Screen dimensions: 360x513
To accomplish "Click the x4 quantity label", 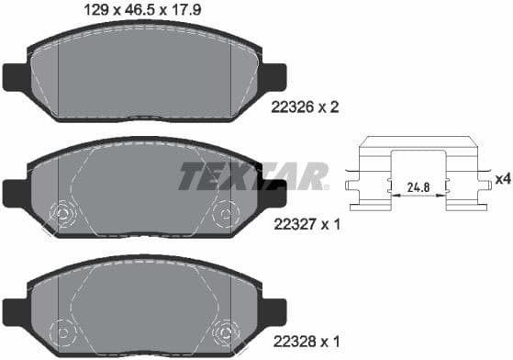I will pos(502,178).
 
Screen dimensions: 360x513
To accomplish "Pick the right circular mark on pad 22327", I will pos(223,215).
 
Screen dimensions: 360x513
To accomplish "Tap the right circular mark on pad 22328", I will pos(223,330).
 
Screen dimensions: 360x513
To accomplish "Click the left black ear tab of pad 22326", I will pos(16,76).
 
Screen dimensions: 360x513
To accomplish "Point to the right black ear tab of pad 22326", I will pos(273,76).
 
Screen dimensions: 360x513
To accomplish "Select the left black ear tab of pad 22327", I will pos(16,192).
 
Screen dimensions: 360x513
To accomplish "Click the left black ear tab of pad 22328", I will pos(16,309).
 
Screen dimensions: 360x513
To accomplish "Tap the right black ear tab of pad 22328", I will pos(273,309).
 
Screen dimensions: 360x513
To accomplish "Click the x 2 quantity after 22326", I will pos(329,107).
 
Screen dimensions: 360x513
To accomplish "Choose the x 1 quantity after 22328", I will pos(329,341).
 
